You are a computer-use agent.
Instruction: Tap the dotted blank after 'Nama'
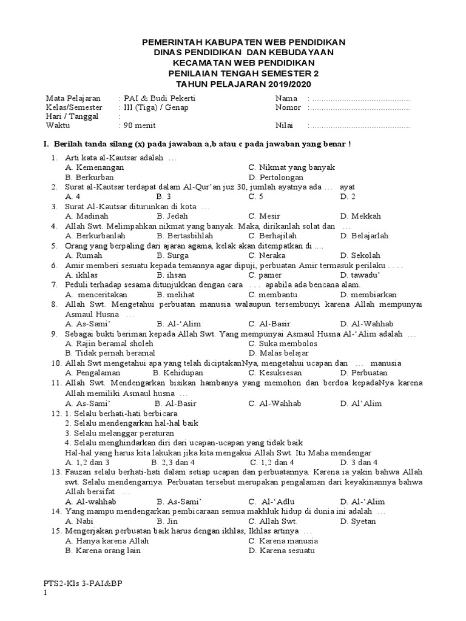click(x=360, y=98)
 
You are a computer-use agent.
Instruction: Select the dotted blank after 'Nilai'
click(x=360, y=126)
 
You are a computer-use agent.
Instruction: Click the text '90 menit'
click(x=139, y=126)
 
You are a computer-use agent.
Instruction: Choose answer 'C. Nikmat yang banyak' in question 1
click(x=291, y=167)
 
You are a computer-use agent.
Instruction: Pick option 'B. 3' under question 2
click(x=163, y=196)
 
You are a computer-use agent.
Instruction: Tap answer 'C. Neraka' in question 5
click(x=269, y=255)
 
